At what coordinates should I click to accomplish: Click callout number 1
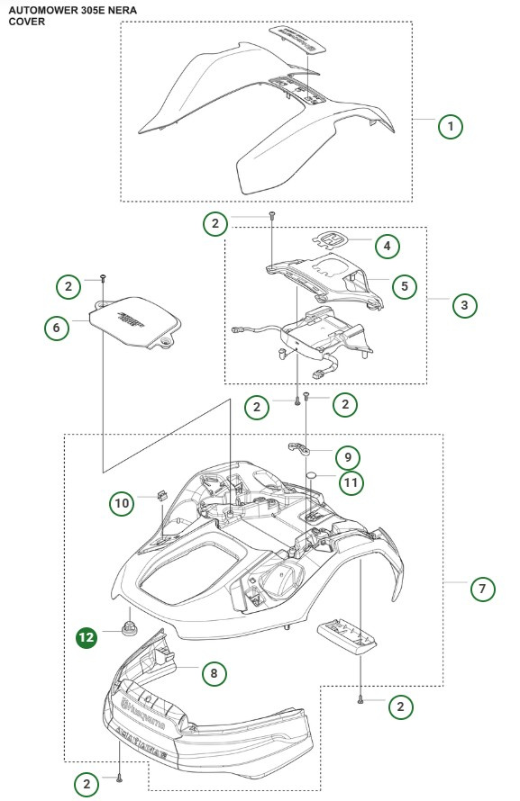[x=450, y=126]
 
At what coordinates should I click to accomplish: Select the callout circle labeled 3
[x=464, y=305]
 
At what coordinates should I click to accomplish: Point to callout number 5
[x=404, y=286]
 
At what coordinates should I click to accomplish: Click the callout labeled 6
[x=57, y=328]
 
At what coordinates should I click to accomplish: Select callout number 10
[x=123, y=502]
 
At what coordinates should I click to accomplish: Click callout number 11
[x=351, y=482]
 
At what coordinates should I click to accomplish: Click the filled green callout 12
[x=87, y=637]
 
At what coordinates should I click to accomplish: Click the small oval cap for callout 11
[x=310, y=475]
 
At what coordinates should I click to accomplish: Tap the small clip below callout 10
[x=164, y=495]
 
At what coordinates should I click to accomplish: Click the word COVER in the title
[x=27, y=21]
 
